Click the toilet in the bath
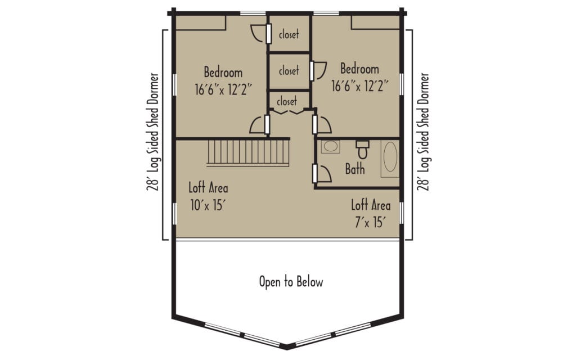[363, 148]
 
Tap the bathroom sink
[331, 146]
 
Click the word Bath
[355, 169]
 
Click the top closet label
[289, 34]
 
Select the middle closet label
[289, 70]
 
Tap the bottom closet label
[287, 101]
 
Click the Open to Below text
[291, 282]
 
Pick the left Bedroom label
[223, 72]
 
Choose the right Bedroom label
[359, 69]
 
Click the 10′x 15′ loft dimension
[208, 205]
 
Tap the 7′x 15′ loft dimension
[370, 222]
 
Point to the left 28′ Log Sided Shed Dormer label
[153, 132]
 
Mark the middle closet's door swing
[319, 70]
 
